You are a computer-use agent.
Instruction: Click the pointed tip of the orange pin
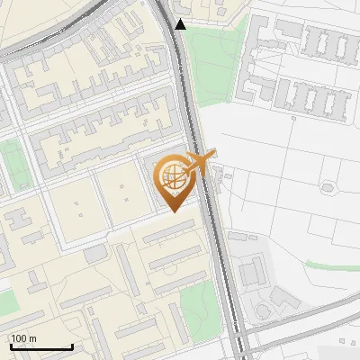(x=174, y=211)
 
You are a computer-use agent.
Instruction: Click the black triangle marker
(x=181, y=24)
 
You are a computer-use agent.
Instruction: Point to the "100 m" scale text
(x=23, y=338)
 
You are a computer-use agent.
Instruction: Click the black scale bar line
(x=40, y=346)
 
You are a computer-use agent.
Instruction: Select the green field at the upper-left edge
(x=13, y=166)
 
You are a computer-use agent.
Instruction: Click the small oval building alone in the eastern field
(x=327, y=188)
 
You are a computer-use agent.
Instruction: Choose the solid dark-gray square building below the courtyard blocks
(x=95, y=255)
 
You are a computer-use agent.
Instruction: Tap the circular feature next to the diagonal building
(x=263, y=311)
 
